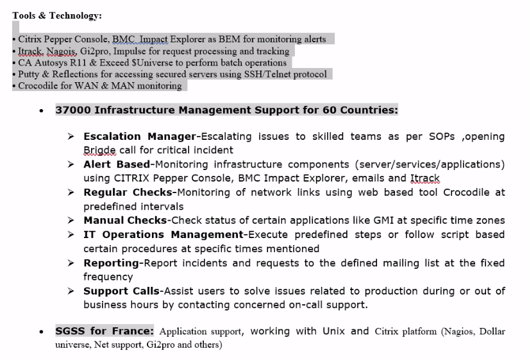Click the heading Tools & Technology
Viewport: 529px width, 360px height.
[56, 15]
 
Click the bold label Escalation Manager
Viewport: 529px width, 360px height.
[139, 137]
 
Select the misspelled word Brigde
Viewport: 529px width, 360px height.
[99, 150]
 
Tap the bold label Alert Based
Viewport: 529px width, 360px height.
[115, 164]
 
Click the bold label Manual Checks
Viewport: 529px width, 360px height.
[125, 221]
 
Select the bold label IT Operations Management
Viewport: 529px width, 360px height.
[164, 235]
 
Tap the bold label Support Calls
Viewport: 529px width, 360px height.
[121, 291]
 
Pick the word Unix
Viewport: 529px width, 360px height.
[333, 332]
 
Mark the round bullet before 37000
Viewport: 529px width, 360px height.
[42, 111]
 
